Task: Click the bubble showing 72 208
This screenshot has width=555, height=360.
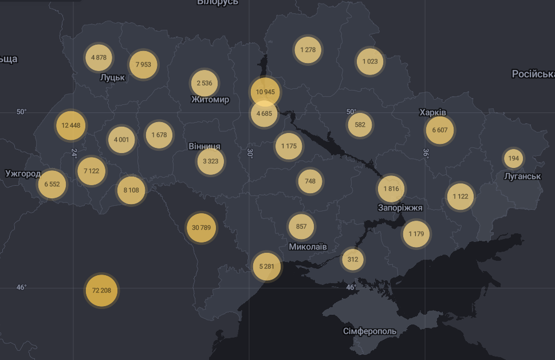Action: tap(101, 291)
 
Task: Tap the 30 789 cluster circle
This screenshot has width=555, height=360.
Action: tap(201, 228)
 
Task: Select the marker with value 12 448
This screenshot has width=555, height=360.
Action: tap(71, 126)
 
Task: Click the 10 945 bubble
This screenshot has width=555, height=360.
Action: tap(265, 92)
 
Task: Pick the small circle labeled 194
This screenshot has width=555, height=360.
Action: tap(513, 158)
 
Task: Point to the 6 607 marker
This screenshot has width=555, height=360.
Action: tap(440, 130)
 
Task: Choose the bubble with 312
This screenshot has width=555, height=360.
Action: tap(353, 259)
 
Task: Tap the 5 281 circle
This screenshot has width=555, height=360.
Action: tap(267, 267)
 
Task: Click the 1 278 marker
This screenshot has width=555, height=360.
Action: tap(308, 50)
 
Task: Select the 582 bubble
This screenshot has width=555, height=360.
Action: tap(360, 124)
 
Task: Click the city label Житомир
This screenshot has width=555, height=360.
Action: tap(210, 100)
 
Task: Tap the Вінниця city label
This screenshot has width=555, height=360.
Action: tap(204, 147)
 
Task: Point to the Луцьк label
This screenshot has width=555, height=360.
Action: tap(112, 77)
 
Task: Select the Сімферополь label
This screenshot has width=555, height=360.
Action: tap(369, 331)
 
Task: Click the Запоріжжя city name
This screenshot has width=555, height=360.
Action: tap(400, 208)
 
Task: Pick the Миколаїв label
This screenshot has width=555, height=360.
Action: tap(308, 246)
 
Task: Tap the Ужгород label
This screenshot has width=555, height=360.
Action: tap(23, 174)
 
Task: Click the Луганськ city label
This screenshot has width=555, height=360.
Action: tap(522, 176)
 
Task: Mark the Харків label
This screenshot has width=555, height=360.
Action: tap(432, 112)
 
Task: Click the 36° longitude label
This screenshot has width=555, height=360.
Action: tap(426, 153)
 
